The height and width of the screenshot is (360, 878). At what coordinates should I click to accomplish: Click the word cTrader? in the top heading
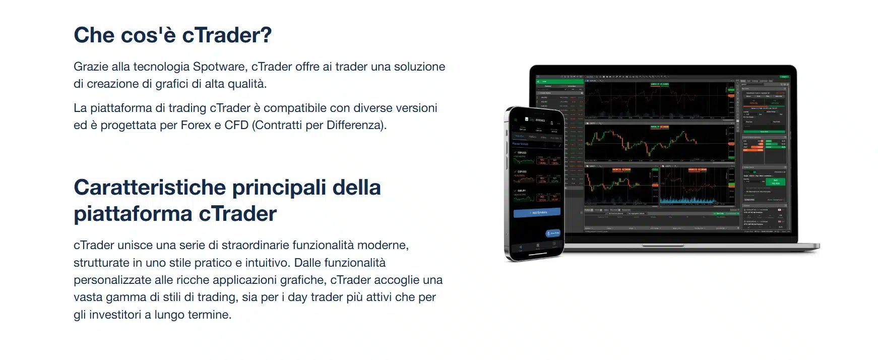coord(226,35)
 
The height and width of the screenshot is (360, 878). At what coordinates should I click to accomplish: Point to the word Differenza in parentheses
coord(355,125)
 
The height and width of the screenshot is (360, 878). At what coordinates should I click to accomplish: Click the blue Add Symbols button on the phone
coord(537,213)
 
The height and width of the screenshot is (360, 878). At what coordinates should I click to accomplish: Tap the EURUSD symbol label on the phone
coord(522,152)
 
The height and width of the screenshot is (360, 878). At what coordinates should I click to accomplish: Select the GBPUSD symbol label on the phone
coord(522,171)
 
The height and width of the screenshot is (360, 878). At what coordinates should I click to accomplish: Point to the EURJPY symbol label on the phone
coord(522,191)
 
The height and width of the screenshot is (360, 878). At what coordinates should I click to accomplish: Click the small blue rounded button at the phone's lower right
coord(553,233)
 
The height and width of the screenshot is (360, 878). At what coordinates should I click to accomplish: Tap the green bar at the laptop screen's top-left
coord(559,81)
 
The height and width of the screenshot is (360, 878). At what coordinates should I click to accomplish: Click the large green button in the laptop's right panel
coord(775,182)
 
